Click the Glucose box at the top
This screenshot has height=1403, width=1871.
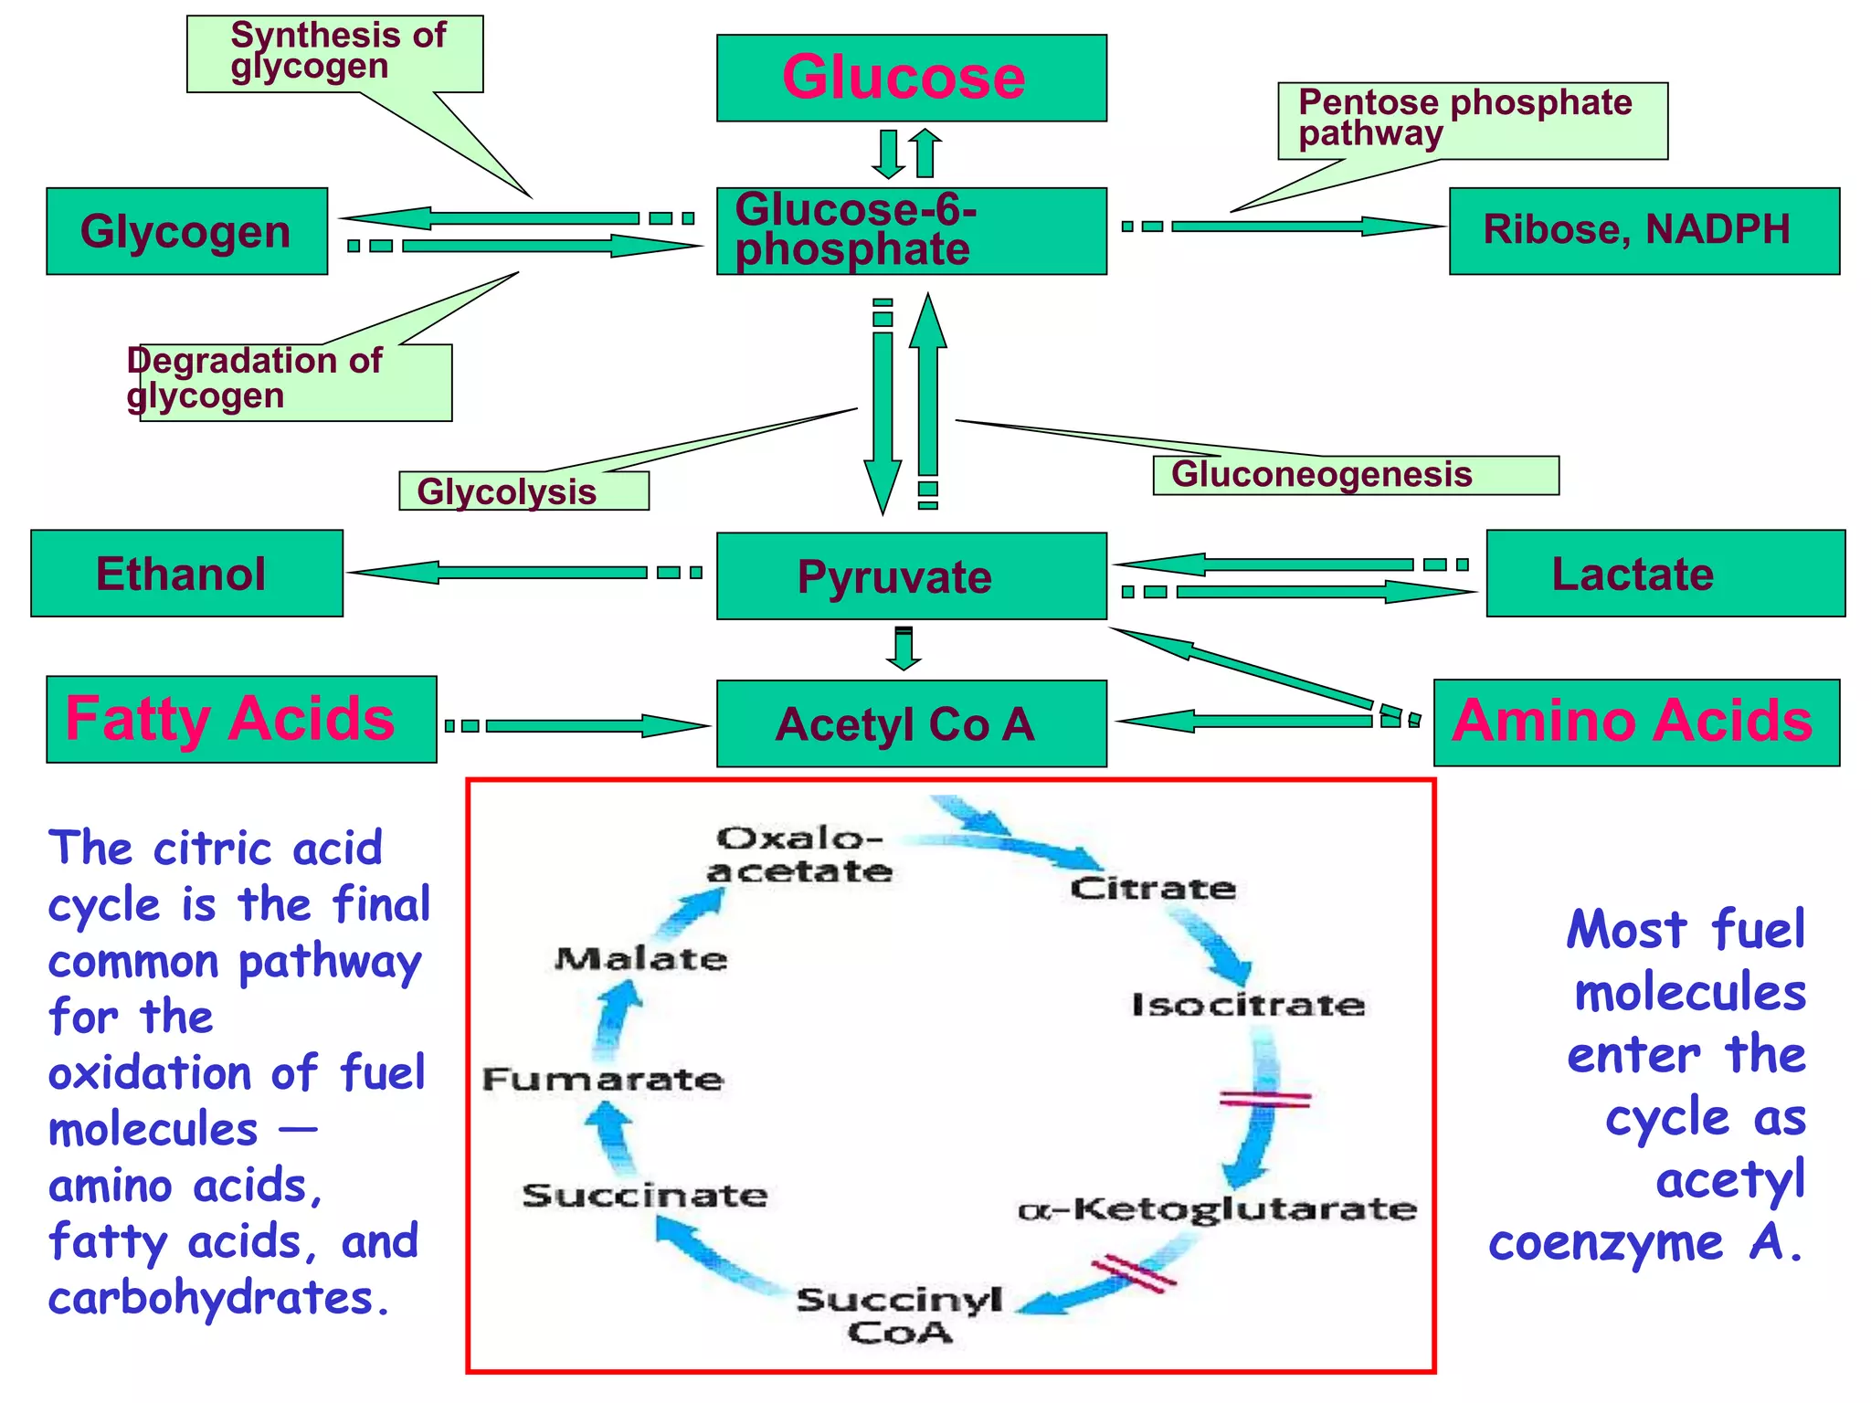[911, 78]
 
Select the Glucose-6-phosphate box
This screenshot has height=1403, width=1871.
[911, 230]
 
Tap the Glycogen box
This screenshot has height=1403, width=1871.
[186, 230]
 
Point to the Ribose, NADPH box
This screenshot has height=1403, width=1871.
[1644, 230]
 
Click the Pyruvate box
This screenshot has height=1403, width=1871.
[911, 575]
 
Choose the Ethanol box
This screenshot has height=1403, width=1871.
[186, 573]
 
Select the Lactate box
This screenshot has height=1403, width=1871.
[1665, 573]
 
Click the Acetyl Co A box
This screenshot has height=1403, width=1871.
[911, 723]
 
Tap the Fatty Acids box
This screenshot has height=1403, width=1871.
[241, 719]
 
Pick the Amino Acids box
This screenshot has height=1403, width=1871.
[1635, 722]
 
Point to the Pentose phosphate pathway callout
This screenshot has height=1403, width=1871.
[1471, 119]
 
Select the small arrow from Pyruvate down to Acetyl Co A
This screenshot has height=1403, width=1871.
[904, 649]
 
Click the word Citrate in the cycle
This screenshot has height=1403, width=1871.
[1153, 887]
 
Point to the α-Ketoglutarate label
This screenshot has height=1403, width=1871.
[1217, 1209]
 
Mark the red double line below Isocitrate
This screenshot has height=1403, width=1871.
[1264, 1099]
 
